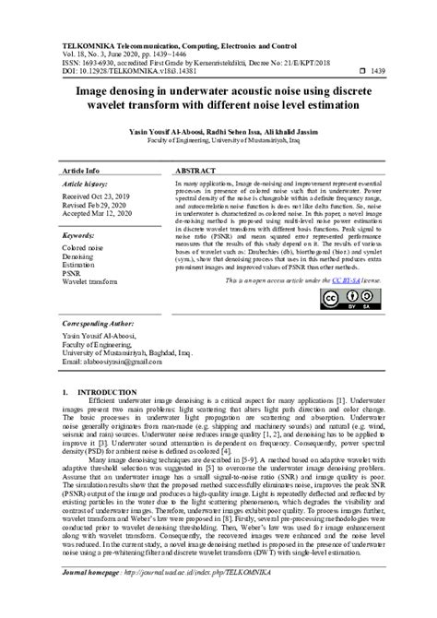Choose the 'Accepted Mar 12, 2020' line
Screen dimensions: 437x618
pyautogui.click(x=104, y=216)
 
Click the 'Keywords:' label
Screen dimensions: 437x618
pyautogui.click(x=83, y=236)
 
